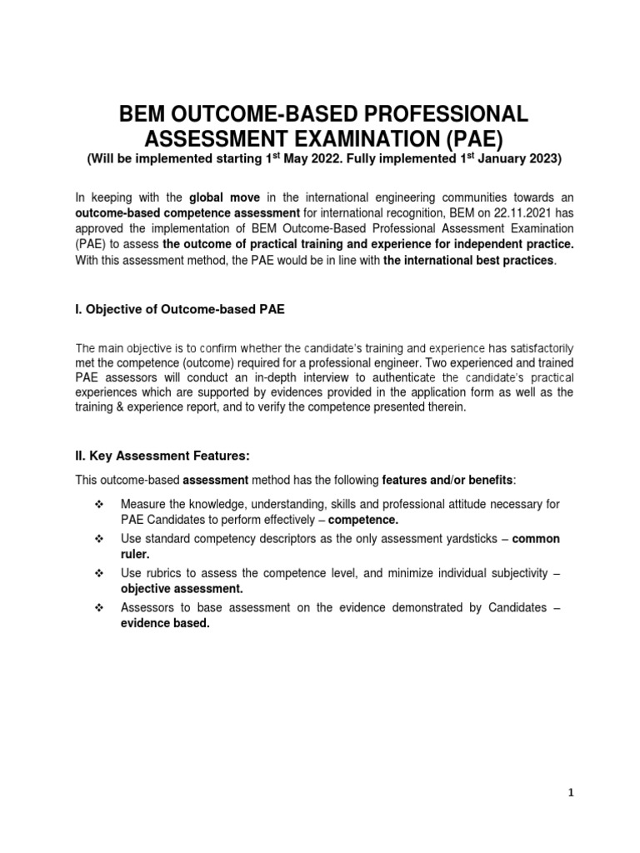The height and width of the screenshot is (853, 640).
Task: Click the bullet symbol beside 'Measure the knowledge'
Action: point(99,505)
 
